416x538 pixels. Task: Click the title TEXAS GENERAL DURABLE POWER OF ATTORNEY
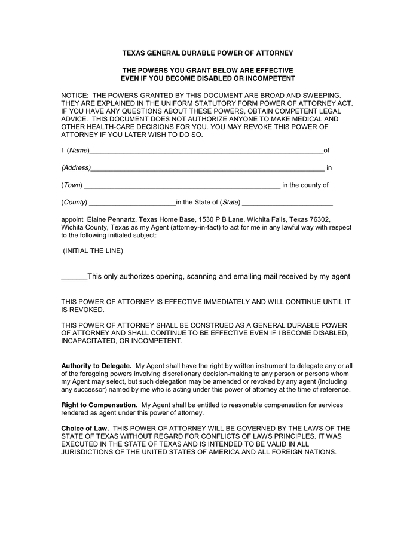point(207,53)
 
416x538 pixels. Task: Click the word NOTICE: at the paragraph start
point(75,96)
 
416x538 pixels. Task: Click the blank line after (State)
point(287,203)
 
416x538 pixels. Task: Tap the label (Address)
point(76,168)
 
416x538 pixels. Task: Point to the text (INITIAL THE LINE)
point(93,251)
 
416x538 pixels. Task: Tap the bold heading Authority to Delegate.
point(96,366)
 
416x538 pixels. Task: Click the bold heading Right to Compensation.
point(99,405)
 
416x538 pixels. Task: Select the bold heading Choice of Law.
point(85,429)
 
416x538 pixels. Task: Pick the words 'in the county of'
point(305,185)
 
